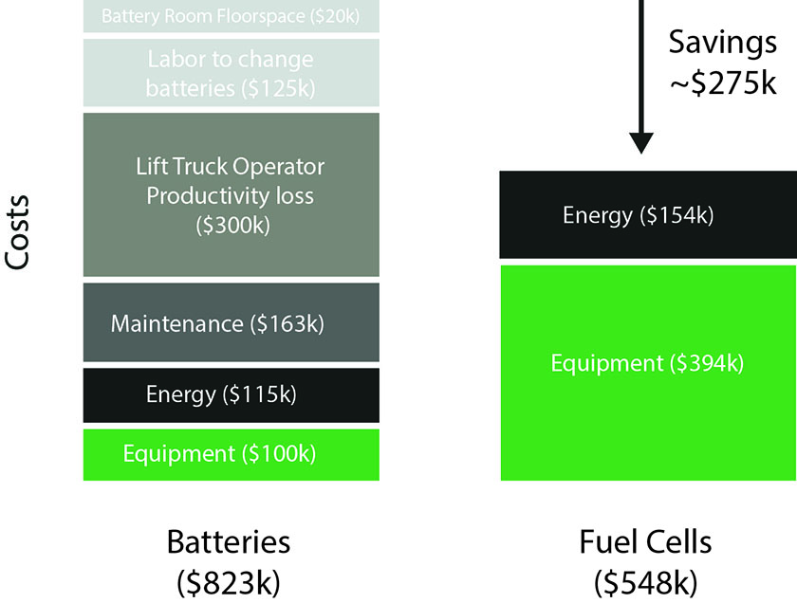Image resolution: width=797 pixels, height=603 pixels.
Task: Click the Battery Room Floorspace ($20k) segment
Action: coord(232,16)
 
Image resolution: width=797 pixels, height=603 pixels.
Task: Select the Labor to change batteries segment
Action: coord(232,73)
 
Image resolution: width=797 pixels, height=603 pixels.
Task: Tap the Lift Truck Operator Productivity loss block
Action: coord(232,194)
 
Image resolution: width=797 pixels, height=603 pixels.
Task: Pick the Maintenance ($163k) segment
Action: coord(232,322)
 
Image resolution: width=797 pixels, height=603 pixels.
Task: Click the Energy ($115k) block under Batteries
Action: coord(232,395)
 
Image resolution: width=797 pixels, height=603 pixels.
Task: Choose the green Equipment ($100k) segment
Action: coord(232,455)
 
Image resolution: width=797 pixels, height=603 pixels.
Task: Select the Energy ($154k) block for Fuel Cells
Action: coord(648,215)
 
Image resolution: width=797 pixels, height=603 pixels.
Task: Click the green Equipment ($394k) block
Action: coord(649,373)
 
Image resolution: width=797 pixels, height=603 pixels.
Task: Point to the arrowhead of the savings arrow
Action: coord(641,152)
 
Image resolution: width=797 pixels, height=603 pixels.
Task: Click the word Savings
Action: coord(723,43)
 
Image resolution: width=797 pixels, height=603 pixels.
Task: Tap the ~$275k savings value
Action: coord(723,82)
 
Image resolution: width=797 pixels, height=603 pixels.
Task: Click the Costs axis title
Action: coord(17,232)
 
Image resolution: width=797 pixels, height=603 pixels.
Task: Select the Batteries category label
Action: coord(229,541)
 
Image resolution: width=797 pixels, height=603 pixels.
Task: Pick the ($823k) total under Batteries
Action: coord(229,583)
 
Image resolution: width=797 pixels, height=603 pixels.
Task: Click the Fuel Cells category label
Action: coord(645,541)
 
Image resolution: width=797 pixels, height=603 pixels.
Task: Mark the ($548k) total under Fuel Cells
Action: coord(645,583)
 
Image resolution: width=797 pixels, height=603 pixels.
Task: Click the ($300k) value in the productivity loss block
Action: coord(232,225)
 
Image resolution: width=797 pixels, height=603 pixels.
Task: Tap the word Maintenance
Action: coord(176,323)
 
